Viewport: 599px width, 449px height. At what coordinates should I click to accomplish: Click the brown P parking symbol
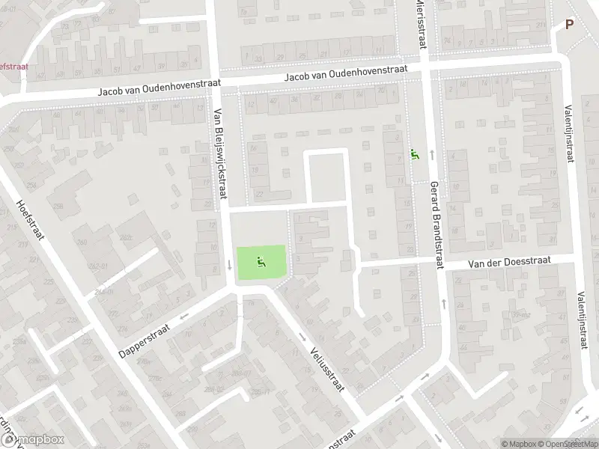[569, 24]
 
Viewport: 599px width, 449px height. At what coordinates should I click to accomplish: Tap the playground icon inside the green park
[261, 262]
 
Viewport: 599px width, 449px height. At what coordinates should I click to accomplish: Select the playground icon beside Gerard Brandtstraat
[414, 155]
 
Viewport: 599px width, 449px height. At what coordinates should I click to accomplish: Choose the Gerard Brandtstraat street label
[437, 224]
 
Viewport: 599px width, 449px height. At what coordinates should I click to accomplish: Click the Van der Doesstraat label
[509, 261]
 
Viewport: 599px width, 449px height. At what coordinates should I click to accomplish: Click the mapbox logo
[34, 440]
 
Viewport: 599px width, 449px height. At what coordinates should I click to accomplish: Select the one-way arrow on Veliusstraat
[303, 336]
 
